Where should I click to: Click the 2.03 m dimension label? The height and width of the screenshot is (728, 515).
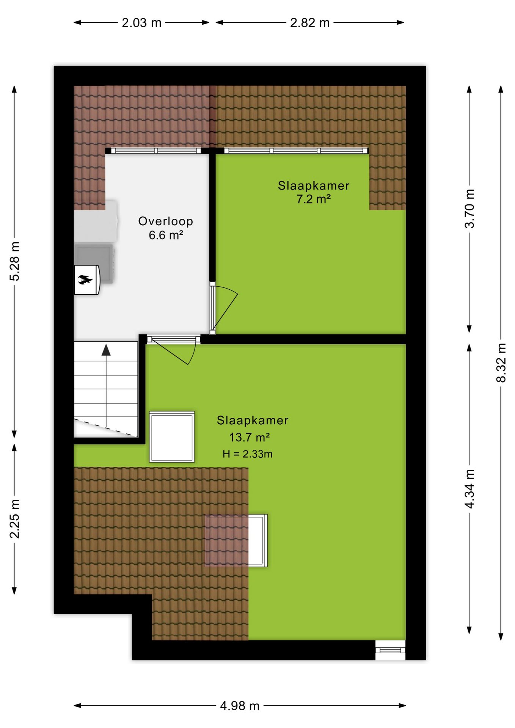[x=141, y=23]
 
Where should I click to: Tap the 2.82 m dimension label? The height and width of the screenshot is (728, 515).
[x=310, y=23]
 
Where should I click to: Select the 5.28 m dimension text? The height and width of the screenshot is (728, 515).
[x=14, y=261]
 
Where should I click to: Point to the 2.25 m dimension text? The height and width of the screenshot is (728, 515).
[x=14, y=518]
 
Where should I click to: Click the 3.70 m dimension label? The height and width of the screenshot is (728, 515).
[x=469, y=208]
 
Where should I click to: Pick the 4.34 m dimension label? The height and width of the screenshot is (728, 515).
[x=469, y=488]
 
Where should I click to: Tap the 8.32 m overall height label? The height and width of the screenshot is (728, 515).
[x=501, y=362]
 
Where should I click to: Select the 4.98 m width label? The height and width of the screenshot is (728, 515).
[x=240, y=706]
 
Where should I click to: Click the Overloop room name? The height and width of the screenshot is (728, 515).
[x=166, y=221]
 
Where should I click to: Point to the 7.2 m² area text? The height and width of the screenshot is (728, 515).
[x=314, y=199]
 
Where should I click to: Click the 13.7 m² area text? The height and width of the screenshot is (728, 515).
[x=249, y=437]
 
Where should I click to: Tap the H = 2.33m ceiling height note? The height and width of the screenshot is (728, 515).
[x=247, y=454]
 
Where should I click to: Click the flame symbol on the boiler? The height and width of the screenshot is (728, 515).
[x=85, y=280]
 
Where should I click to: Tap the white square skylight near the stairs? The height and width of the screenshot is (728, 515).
[x=172, y=437]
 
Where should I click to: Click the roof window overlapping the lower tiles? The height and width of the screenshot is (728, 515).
[x=236, y=540]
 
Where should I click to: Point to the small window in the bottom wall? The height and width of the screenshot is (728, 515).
[x=390, y=650]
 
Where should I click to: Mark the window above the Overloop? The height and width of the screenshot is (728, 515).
[x=156, y=151]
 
